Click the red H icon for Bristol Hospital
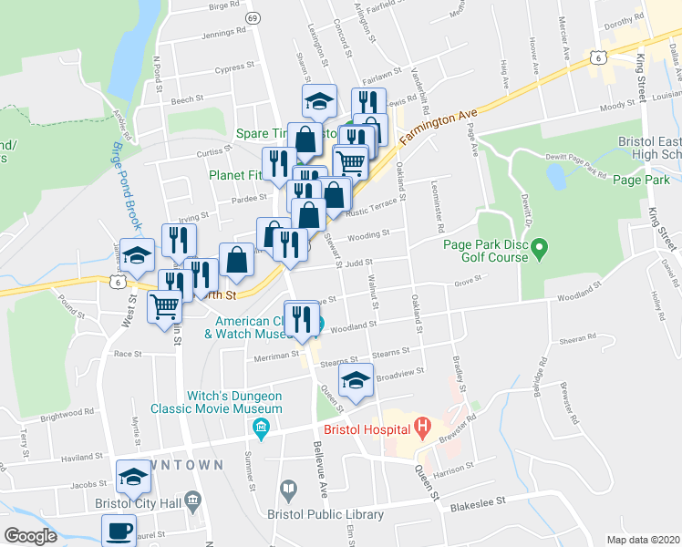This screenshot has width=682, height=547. point(421,426)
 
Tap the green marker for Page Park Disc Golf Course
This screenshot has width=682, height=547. point(538,246)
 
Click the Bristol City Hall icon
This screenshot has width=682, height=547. point(192,500)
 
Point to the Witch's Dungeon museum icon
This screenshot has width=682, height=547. point(262,428)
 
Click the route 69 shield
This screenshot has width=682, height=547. point(253,18)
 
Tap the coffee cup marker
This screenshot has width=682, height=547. point(118,530)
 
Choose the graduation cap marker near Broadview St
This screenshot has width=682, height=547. point(356,380)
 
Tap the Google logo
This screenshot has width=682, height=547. point(30,535)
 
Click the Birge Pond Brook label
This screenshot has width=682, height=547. point(121,183)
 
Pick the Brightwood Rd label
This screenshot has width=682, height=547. point(57,417)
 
